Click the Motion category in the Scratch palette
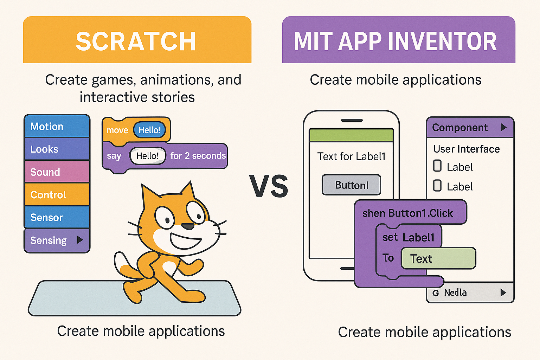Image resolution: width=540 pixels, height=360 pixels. click(57, 126)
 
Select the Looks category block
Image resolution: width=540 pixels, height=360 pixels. click(57, 149)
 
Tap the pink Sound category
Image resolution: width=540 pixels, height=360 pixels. click(57, 172)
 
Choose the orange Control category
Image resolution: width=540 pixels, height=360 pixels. click(57, 194)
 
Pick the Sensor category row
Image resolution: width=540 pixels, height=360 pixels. click(57, 217)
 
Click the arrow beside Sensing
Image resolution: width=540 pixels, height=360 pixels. click(80, 240)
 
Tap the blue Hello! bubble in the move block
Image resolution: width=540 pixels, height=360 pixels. click(149, 130)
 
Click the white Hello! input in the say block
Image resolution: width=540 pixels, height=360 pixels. click(148, 156)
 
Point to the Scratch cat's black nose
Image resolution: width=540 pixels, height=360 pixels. click(187, 226)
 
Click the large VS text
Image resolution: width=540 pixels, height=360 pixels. click(269, 186)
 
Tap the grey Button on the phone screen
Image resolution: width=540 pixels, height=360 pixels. click(352, 185)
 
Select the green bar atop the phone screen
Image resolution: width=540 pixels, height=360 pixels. click(351, 135)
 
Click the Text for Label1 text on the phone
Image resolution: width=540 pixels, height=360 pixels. click(351, 156)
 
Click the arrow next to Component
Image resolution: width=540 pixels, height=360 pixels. click(503, 127)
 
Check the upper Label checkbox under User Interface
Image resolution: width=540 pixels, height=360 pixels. click(437, 166)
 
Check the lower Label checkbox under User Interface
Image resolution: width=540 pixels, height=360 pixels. click(437, 185)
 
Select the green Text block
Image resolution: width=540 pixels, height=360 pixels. click(438, 258)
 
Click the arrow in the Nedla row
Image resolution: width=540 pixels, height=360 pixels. click(503, 292)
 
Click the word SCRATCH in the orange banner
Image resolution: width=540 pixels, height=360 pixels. click(136, 41)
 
